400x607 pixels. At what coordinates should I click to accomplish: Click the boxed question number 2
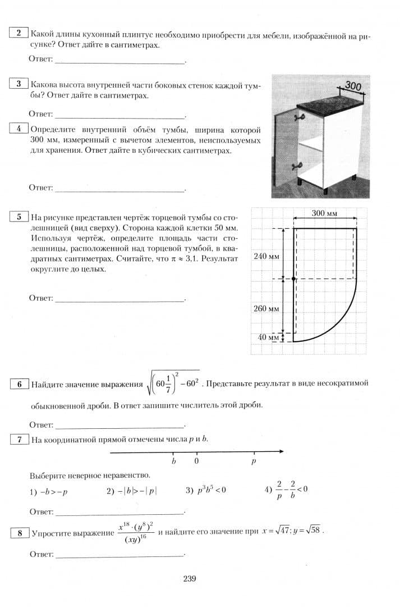pyautogui.click(x=19, y=33)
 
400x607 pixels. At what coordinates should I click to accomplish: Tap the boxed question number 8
pyautogui.click(x=20, y=533)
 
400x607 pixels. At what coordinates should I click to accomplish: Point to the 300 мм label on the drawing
pyautogui.click(x=325, y=214)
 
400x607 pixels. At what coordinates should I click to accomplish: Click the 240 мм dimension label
pyautogui.click(x=266, y=256)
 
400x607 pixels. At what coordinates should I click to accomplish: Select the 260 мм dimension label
pyautogui.click(x=266, y=309)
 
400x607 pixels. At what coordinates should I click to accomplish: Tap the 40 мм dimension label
pyautogui.click(x=268, y=338)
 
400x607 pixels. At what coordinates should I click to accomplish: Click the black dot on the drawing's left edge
pyautogui.click(x=293, y=279)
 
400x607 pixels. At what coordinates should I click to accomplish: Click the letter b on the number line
pyautogui.click(x=173, y=461)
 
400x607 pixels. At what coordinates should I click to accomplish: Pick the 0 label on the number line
pyautogui.click(x=196, y=461)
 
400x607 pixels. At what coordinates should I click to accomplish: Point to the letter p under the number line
pyautogui.click(x=254, y=461)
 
